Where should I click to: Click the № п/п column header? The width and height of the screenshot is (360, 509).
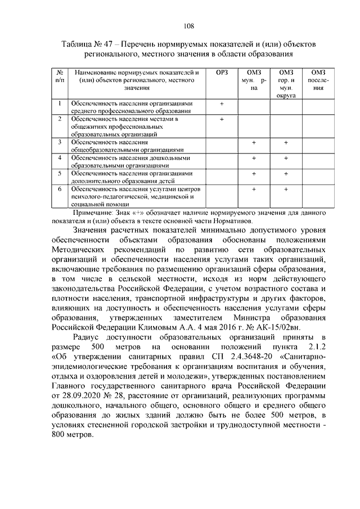click(59, 76)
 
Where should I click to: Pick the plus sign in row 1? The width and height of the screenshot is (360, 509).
click(222, 104)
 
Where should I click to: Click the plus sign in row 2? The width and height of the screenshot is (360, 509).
click(222, 119)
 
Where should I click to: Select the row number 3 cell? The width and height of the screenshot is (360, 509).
click(59, 142)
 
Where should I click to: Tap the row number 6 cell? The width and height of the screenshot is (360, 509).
click(59, 190)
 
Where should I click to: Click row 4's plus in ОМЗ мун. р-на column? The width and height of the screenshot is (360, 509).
click(254, 158)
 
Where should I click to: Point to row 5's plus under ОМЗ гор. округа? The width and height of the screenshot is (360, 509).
click(286, 174)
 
